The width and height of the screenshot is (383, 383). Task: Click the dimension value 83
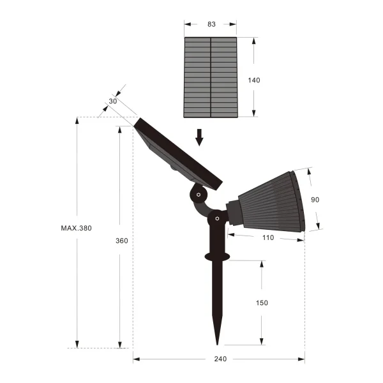click(x=211, y=24)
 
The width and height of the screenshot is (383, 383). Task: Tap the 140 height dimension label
click(x=253, y=80)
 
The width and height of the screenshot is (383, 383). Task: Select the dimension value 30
click(x=113, y=101)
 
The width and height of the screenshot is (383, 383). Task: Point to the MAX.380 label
click(x=77, y=228)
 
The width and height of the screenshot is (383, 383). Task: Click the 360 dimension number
click(x=122, y=241)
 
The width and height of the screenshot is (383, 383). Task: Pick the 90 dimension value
click(x=315, y=200)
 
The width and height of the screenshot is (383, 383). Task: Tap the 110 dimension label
click(x=267, y=237)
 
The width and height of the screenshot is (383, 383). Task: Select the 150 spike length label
click(x=262, y=303)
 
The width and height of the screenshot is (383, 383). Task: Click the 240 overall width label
click(x=219, y=359)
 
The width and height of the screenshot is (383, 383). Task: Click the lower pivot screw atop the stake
click(x=217, y=219)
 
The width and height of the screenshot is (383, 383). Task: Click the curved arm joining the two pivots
click(x=203, y=208)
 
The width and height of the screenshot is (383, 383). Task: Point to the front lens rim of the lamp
click(x=298, y=201)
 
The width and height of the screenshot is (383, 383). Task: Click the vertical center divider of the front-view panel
click(x=211, y=77)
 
